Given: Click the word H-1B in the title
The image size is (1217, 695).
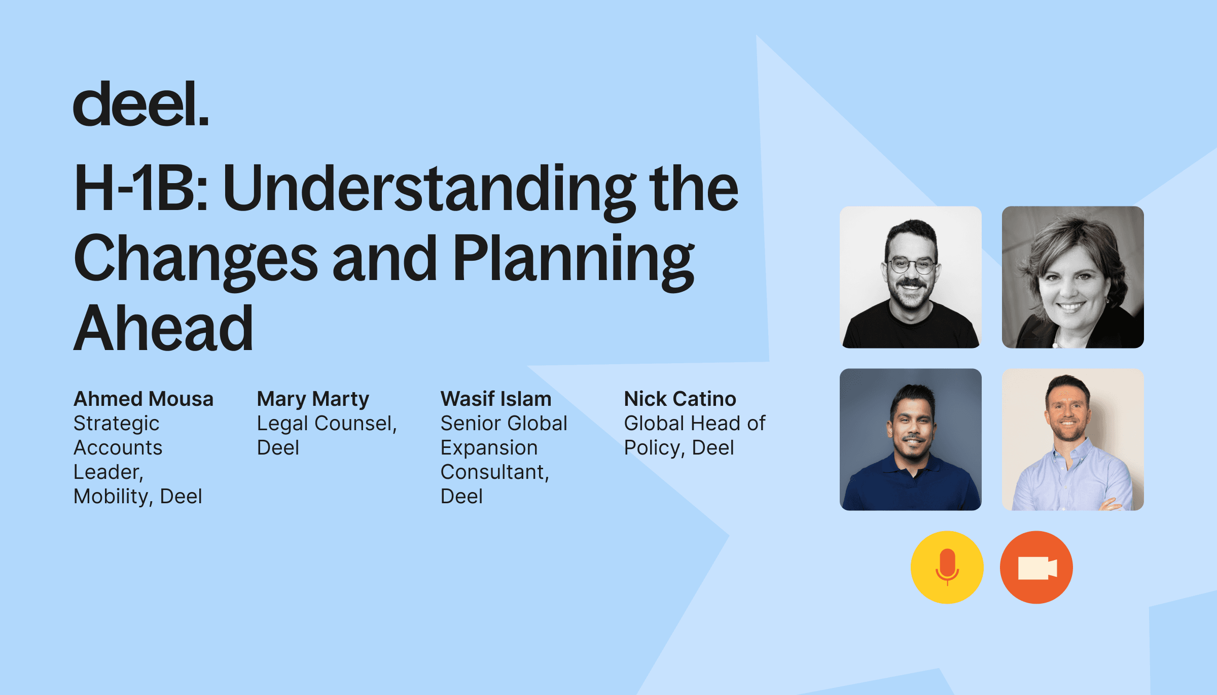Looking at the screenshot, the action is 141,188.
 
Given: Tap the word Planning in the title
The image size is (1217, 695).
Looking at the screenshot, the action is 574,262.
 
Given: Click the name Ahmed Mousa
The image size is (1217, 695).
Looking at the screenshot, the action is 144,399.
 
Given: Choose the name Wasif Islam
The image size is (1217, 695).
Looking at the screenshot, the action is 496,399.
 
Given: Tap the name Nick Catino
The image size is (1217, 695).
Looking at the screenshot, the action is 680,399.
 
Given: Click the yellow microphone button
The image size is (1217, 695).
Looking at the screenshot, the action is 947,567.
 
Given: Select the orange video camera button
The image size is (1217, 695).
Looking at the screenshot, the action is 1036,567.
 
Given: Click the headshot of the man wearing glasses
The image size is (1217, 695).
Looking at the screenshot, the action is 911,277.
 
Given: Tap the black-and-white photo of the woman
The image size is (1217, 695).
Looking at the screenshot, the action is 1073,277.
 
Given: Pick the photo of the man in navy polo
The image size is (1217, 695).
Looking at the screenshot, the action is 911,439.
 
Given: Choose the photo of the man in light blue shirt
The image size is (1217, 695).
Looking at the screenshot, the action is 1073,439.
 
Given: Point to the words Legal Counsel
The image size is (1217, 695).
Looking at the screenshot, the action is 327,424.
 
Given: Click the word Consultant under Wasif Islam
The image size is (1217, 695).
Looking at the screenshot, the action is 495,472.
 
